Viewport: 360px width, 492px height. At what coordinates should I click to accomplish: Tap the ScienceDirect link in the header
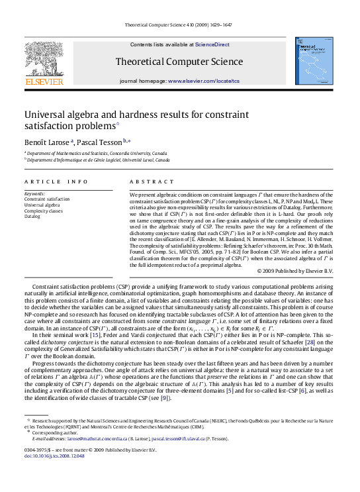(x=212, y=44)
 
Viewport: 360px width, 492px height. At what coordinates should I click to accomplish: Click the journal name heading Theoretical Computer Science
(x=180, y=62)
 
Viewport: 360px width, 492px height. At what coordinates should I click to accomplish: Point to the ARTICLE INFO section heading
(x=56, y=181)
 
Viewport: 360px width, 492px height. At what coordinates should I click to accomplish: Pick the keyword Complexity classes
(x=44, y=211)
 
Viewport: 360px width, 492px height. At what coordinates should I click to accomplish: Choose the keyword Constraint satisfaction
(x=47, y=199)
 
